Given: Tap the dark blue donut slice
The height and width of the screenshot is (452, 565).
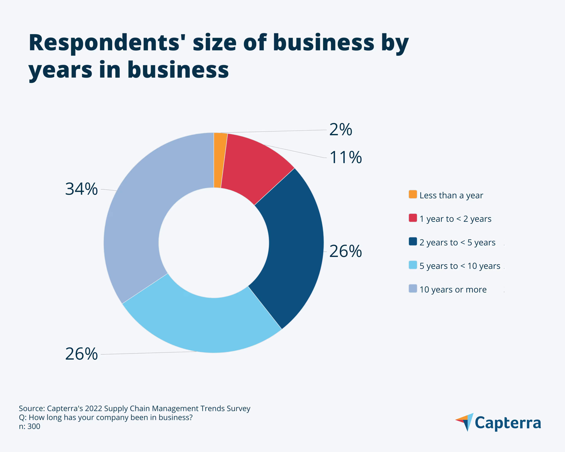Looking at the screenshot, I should tap(294, 249).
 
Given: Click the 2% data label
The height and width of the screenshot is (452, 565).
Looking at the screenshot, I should tap(340, 130).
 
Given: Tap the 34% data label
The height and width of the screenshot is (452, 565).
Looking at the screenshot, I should tap(81, 189).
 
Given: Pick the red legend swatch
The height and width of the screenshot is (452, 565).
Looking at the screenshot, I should tap(413, 218).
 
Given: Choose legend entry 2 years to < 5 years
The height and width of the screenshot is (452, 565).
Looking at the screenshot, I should tap(457, 242).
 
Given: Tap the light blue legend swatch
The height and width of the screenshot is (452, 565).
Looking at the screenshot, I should tap(413, 265).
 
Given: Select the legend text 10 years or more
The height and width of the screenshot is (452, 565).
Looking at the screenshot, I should tap(453, 290).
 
